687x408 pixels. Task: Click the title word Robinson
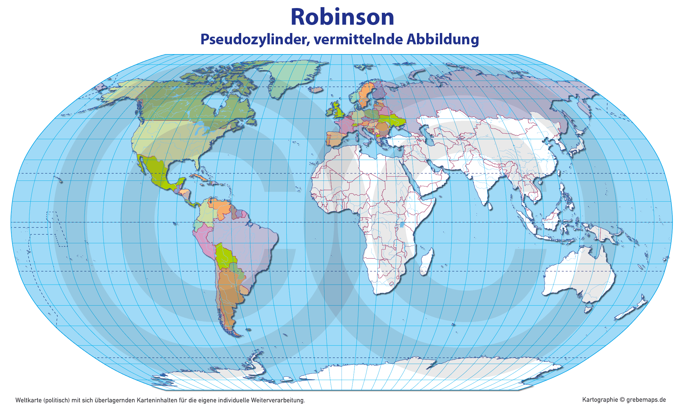[x=342, y=17]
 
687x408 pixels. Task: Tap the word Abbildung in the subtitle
[x=443, y=40]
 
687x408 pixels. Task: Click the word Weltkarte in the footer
[x=28, y=400]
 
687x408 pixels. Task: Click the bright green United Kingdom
[x=338, y=110]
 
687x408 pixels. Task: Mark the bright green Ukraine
[x=393, y=120]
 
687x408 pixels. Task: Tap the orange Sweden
[x=365, y=92]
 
